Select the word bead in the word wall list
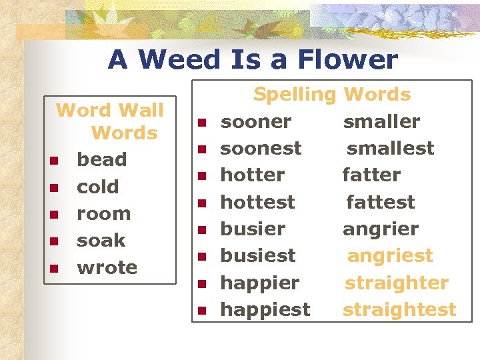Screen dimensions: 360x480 click(101, 160)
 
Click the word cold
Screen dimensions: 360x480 click(97, 187)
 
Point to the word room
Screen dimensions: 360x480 click(103, 214)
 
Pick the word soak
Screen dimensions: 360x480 click(101, 241)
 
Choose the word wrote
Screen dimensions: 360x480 click(107, 268)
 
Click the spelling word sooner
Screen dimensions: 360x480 click(255, 122)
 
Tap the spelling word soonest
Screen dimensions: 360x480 click(261, 149)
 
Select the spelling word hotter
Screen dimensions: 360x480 click(252, 175)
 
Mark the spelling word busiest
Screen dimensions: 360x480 click(258, 256)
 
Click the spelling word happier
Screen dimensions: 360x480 click(259, 283)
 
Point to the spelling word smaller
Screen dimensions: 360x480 click(381, 122)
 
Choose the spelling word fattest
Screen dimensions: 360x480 click(380, 202)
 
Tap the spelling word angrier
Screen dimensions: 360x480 click(381, 229)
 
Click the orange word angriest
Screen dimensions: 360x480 click(390, 256)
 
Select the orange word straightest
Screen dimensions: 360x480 click(399, 310)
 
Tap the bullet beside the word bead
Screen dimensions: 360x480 click(53, 161)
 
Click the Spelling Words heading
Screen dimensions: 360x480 click(331, 95)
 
